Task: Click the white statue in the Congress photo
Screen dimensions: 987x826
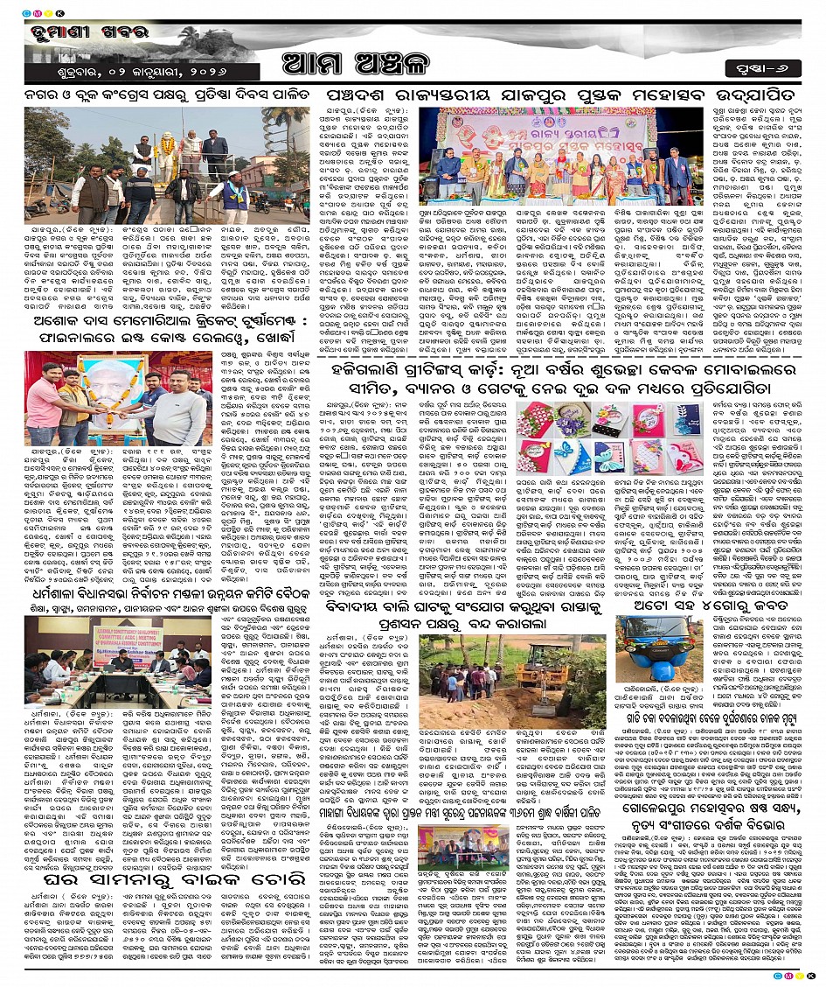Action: (x=167, y=140)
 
